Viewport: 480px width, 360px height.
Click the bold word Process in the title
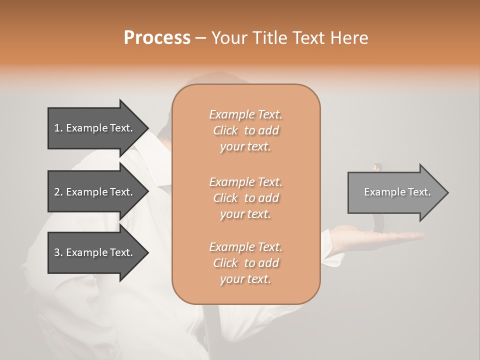coord(157,38)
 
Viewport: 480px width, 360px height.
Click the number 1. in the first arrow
coord(58,128)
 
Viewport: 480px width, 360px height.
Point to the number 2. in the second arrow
coord(58,192)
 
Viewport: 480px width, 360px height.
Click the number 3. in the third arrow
coord(58,252)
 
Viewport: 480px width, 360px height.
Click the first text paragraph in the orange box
coord(245,130)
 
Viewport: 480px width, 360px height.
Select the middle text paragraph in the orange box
coord(245,198)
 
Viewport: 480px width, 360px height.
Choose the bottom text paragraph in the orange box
coord(245,263)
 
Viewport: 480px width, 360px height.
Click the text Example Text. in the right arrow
coord(397,192)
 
